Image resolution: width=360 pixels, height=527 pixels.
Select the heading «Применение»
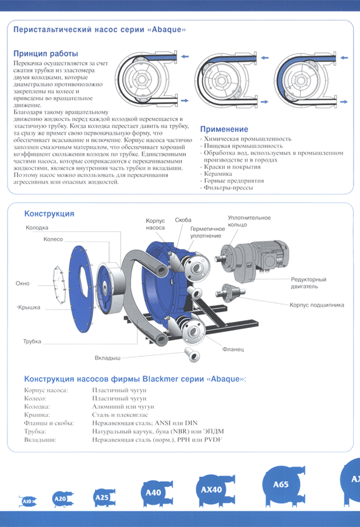coord(224,129)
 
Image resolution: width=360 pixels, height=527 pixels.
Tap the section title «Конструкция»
coord(49,214)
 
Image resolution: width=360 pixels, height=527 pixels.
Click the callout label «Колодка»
coord(37,228)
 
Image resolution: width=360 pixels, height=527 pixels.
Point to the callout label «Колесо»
coord(53,239)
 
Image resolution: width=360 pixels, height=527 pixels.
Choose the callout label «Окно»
coord(22,284)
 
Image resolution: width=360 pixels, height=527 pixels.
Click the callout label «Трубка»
coord(32,341)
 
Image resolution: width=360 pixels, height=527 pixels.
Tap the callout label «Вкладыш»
coord(108,357)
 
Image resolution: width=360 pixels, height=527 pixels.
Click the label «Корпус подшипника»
coord(317,305)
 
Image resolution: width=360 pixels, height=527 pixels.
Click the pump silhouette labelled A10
coord(27,501)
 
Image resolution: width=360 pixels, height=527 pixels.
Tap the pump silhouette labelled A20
coord(60,498)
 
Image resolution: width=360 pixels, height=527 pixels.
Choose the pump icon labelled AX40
coord(211,490)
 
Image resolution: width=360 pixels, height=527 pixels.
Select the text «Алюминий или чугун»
coord(122,406)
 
